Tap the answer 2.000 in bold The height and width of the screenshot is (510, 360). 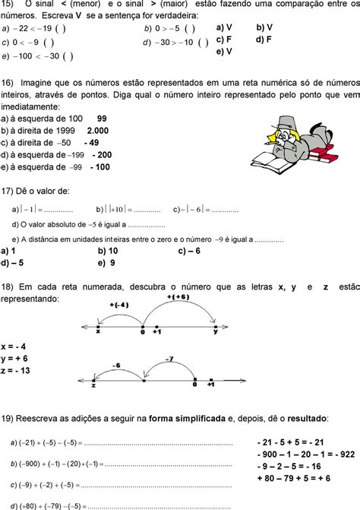point(98,130)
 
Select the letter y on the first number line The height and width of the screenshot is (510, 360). point(215,331)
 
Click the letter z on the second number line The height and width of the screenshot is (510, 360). point(93,386)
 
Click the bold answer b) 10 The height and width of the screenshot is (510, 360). point(108,250)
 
